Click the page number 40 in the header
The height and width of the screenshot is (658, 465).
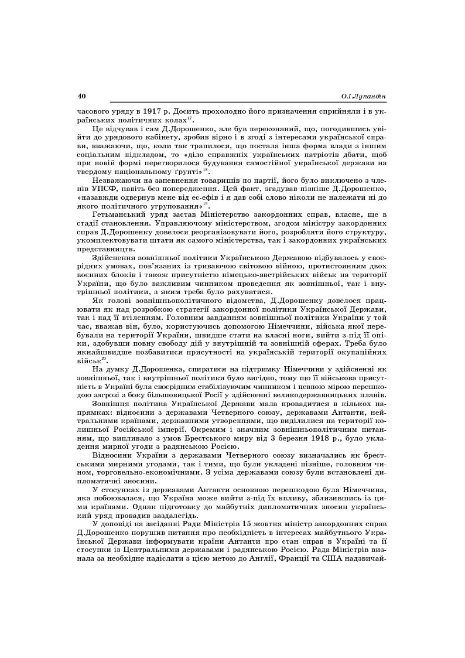point(82,96)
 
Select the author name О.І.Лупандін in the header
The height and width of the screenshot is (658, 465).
point(363,96)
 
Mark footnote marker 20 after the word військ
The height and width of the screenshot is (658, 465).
point(105,359)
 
